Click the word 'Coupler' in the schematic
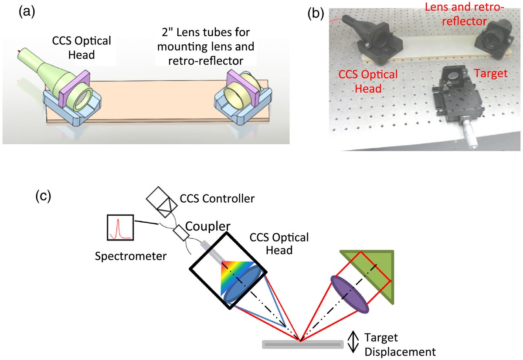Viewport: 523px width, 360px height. pyautogui.click(x=207, y=226)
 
